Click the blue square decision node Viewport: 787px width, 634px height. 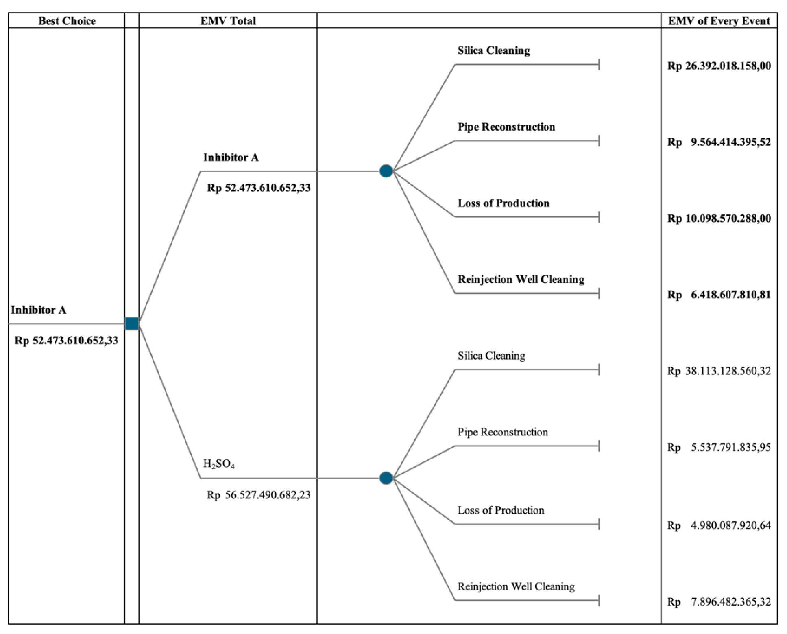132,324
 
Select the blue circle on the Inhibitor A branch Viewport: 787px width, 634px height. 386,171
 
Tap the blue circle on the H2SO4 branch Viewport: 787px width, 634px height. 386,478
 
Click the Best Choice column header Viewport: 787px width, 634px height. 67,21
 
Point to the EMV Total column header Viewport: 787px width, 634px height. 228,21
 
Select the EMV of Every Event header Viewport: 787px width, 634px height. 719,21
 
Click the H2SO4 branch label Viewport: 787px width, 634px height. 219,463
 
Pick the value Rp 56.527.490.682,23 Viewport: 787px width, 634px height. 259,495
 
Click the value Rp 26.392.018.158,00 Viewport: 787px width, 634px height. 719,66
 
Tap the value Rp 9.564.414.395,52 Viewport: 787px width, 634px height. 719,142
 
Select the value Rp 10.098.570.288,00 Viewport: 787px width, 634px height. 719,219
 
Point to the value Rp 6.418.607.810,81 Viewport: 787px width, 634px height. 719,295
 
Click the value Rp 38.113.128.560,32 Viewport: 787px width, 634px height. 719,371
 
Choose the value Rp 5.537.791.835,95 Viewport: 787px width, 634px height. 719,447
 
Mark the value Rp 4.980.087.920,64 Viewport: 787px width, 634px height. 719,525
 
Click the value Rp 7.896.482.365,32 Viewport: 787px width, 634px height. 719,601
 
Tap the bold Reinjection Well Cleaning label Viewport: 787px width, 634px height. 521,279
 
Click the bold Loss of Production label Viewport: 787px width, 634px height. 503,203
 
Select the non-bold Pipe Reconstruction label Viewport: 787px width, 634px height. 502,432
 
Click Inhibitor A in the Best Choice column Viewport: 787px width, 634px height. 38,310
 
